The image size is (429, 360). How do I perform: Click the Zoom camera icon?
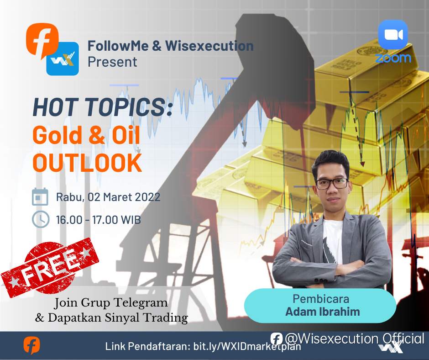click(393, 35)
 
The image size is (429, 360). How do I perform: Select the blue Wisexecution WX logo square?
click(63, 58)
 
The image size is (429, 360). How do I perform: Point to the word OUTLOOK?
click(87, 162)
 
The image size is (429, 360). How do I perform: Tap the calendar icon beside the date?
click(40, 197)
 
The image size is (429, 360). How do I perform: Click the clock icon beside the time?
click(41, 219)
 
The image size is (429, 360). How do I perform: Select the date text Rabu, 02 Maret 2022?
click(108, 197)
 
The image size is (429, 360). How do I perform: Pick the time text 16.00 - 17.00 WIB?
click(99, 220)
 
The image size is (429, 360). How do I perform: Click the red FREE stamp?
click(50, 268)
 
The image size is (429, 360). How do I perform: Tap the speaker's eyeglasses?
click(332, 184)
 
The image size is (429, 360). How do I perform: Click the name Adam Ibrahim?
click(323, 312)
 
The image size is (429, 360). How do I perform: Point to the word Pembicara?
click(321, 299)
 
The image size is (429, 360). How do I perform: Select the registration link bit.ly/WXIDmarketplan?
click(247, 347)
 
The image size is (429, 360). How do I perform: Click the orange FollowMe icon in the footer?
click(31, 345)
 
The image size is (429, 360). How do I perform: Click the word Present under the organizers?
click(112, 62)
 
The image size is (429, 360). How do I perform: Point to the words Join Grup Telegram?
click(111, 303)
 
